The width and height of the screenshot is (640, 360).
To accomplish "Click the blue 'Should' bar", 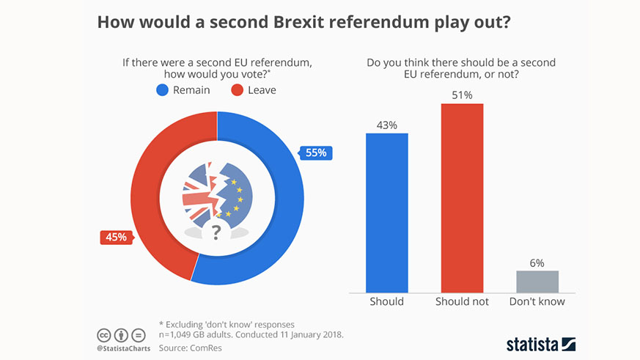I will (x=386, y=213).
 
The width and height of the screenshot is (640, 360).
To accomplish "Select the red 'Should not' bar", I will (x=462, y=198).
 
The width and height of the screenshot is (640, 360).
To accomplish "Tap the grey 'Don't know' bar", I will (x=537, y=282).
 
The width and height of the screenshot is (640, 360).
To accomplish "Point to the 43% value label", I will (x=386, y=125).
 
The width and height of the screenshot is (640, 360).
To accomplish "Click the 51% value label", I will (x=462, y=95).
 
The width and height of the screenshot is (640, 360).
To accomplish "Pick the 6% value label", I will (x=537, y=262).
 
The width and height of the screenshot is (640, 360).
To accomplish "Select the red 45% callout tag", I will (x=115, y=238).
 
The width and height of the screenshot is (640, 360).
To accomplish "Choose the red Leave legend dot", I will (x=237, y=90).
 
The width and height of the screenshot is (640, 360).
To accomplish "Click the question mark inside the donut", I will (x=216, y=233).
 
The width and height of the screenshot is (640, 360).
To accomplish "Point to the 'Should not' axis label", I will (x=462, y=301).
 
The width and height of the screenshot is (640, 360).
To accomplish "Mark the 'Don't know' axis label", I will (x=537, y=301).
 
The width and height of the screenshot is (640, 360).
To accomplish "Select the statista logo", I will (x=541, y=344).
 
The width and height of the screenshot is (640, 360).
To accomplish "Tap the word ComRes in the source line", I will (x=207, y=348).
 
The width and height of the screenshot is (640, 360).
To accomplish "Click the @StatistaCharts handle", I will (x=123, y=348).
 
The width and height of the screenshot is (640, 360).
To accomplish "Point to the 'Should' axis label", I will (x=386, y=301).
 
